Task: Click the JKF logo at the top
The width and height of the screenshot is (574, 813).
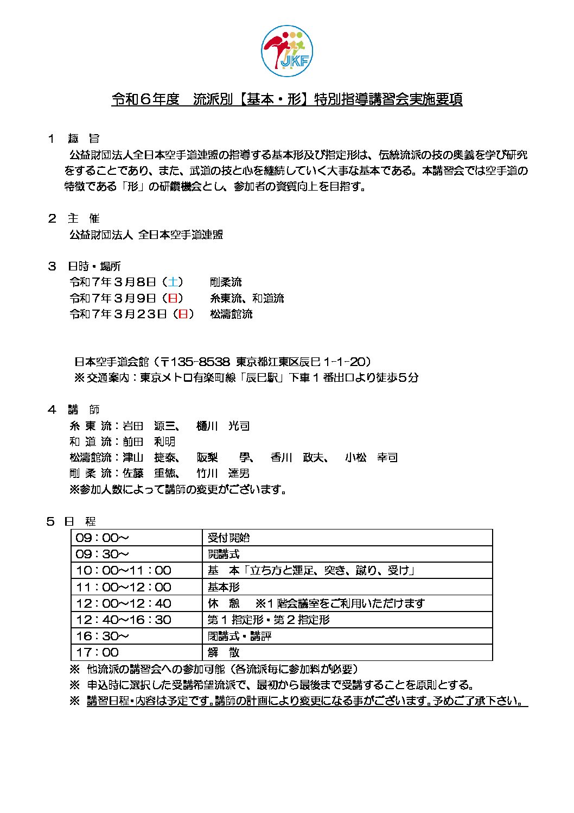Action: click(x=287, y=51)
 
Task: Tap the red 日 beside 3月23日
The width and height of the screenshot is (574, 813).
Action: click(x=183, y=314)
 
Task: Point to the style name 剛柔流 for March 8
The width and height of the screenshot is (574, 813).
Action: click(x=226, y=282)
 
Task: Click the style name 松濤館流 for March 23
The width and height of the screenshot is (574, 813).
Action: click(x=231, y=314)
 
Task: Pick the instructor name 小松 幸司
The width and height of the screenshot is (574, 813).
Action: click(x=371, y=457)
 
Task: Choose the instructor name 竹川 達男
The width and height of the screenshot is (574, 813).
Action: click(x=223, y=473)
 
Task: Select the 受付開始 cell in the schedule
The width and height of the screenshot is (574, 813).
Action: click(x=228, y=538)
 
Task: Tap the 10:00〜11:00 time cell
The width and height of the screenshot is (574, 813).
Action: click(x=124, y=570)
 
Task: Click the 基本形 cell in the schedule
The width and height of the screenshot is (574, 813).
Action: click(x=224, y=587)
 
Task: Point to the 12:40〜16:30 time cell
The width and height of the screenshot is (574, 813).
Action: click(x=124, y=620)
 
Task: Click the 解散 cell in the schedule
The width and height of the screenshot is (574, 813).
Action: click(x=224, y=652)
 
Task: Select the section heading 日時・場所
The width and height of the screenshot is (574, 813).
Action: click(x=94, y=266)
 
